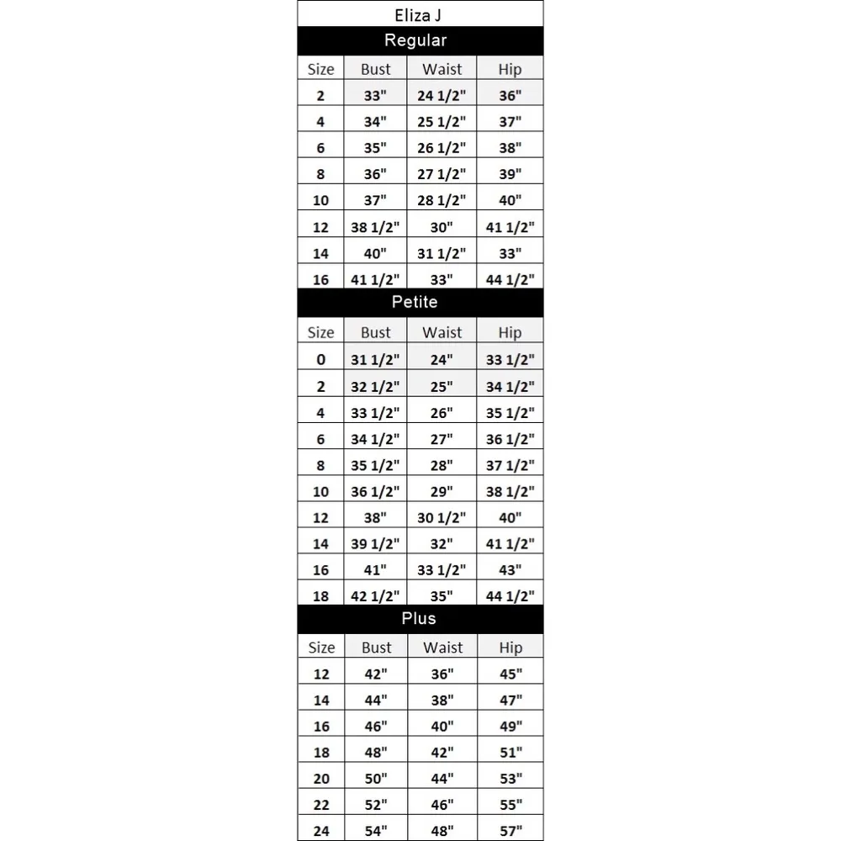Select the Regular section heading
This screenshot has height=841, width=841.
pos(415,40)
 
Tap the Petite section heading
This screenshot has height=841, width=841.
pos(415,302)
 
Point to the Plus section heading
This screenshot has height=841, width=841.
pos(419,618)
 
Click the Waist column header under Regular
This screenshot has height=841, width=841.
pos(442,70)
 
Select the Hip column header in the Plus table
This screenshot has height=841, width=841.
pos(510,648)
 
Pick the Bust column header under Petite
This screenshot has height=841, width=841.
pos(375,333)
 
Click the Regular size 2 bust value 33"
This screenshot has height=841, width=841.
pos(375,96)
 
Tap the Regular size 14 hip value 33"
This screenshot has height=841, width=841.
pos(510,253)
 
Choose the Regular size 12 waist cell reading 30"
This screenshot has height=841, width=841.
pos(442,227)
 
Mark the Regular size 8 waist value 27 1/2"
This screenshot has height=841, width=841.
pos(442,175)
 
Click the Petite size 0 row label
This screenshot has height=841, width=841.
pos(320,360)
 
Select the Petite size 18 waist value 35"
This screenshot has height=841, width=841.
pos(442,596)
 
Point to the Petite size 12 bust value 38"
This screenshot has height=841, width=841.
pos(375,517)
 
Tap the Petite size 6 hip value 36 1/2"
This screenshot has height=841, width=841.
pos(510,439)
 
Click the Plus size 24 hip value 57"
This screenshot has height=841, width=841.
pos(510,831)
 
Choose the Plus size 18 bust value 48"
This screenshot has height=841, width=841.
pos(376,753)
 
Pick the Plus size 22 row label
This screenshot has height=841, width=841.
pos(320,805)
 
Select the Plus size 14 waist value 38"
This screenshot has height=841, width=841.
pos(442,700)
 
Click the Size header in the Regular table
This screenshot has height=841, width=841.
pos(320,70)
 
